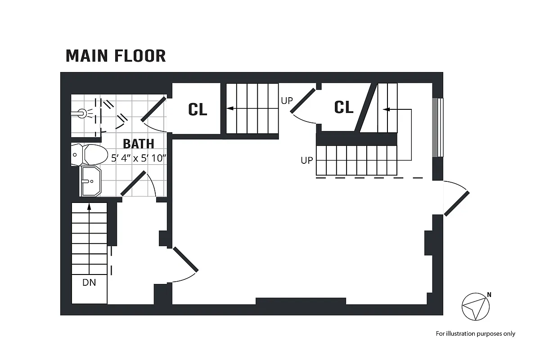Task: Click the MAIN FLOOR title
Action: [x=116, y=56]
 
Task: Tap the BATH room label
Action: [x=138, y=144]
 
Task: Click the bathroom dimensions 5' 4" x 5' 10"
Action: [x=139, y=158]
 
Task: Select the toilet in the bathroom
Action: [x=90, y=155]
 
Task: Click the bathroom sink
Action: [x=91, y=181]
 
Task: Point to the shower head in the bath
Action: [x=81, y=113]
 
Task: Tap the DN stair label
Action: [x=89, y=283]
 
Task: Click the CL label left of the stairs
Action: [x=198, y=109]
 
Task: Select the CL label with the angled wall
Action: [x=344, y=107]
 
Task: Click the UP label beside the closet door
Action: [x=287, y=101]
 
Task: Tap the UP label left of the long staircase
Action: [x=306, y=160]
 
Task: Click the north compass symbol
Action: [x=475, y=307]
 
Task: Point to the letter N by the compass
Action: [x=489, y=295]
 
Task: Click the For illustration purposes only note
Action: [x=475, y=333]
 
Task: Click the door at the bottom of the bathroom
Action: [x=134, y=184]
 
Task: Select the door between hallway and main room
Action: [x=185, y=260]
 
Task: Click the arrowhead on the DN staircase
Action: [x=89, y=207]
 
